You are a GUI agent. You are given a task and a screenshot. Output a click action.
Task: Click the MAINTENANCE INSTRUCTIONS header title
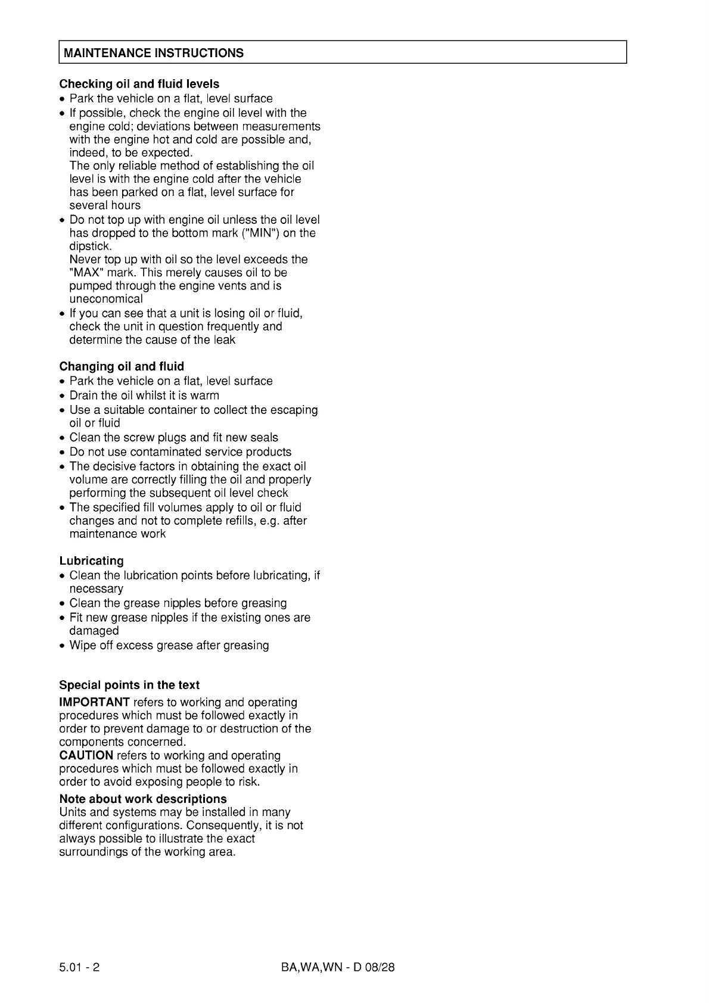point(153,53)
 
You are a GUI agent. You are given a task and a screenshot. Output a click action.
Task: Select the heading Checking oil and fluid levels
point(139,84)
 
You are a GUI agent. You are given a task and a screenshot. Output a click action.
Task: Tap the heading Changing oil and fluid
point(122,366)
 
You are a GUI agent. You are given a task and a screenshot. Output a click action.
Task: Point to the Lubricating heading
point(91,560)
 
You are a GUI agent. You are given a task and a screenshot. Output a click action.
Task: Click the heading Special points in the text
point(129,685)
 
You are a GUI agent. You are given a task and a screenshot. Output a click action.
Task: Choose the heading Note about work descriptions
point(143,799)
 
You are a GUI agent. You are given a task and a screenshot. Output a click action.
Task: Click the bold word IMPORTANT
point(94,702)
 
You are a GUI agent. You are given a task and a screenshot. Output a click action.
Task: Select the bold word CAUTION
point(86,755)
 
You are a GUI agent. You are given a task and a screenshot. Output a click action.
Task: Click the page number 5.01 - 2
point(79,967)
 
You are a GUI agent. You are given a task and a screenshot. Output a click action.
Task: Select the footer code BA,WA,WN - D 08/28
point(338,967)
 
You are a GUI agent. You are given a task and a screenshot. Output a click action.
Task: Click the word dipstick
point(90,246)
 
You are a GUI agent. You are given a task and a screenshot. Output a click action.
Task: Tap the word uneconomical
point(105,299)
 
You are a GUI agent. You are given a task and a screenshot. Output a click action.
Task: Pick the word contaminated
point(163,452)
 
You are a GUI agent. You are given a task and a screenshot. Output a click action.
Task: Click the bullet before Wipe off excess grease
point(62,646)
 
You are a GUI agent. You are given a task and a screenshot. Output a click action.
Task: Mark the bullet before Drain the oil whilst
point(62,396)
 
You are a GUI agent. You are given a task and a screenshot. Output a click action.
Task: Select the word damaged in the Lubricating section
point(94,631)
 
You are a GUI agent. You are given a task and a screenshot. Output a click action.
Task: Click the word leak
point(224,339)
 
